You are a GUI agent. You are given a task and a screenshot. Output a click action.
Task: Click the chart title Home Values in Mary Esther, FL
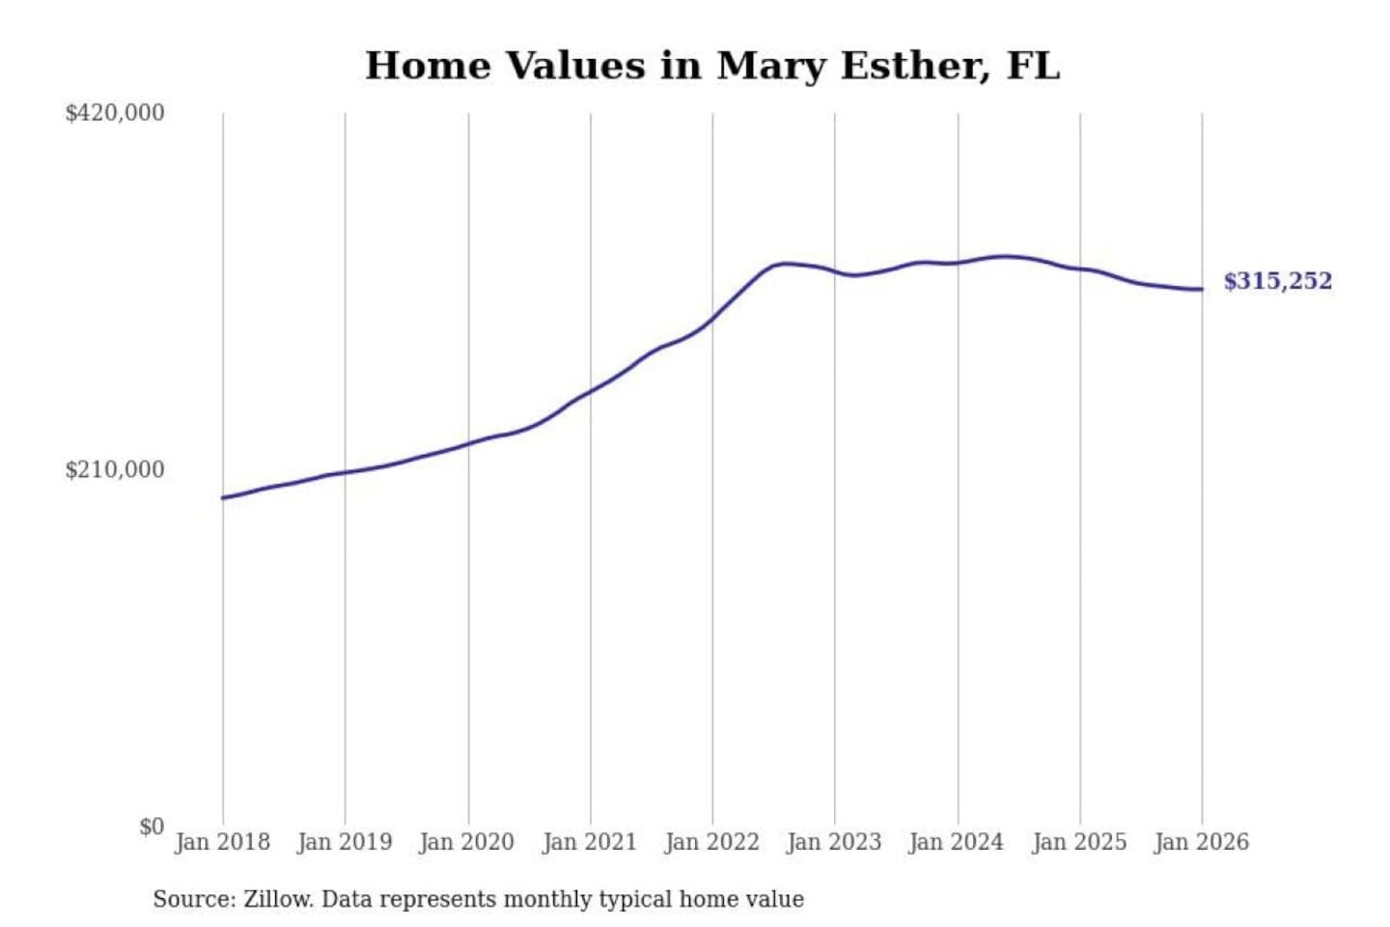coord(712,66)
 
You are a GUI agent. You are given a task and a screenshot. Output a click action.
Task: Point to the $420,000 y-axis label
coord(115,113)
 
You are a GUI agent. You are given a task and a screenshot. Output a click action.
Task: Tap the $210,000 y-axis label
coord(115,470)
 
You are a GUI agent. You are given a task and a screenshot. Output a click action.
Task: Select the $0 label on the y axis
coord(152,827)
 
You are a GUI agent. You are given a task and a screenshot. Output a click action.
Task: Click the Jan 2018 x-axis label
coord(222,842)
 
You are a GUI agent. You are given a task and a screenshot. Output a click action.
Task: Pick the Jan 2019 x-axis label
coord(345,842)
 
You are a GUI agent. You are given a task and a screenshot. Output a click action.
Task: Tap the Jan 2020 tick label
coord(467,842)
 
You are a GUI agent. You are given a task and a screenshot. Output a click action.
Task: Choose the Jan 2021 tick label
coord(590,842)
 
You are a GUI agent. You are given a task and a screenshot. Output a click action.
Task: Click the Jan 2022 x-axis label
coord(712,842)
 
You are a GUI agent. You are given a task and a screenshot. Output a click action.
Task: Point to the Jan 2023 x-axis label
coord(834,842)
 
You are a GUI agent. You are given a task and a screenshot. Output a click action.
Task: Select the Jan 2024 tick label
coord(957,842)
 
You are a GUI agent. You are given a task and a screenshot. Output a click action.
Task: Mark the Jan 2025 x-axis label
coord(1079,842)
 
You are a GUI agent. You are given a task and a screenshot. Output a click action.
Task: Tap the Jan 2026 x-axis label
coord(1202,842)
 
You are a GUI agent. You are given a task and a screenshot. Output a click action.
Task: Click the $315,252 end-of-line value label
coord(1277,281)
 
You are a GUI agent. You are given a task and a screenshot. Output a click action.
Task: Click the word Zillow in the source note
coord(277,900)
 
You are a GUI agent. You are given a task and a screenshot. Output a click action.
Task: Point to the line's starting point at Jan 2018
coord(223,498)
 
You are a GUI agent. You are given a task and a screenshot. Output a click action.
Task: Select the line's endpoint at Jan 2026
coord(1202,290)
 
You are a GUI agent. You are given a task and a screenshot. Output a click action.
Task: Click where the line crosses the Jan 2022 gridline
coord(713,317)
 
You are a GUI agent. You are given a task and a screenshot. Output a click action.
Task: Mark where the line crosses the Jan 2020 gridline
coord(468,443)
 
